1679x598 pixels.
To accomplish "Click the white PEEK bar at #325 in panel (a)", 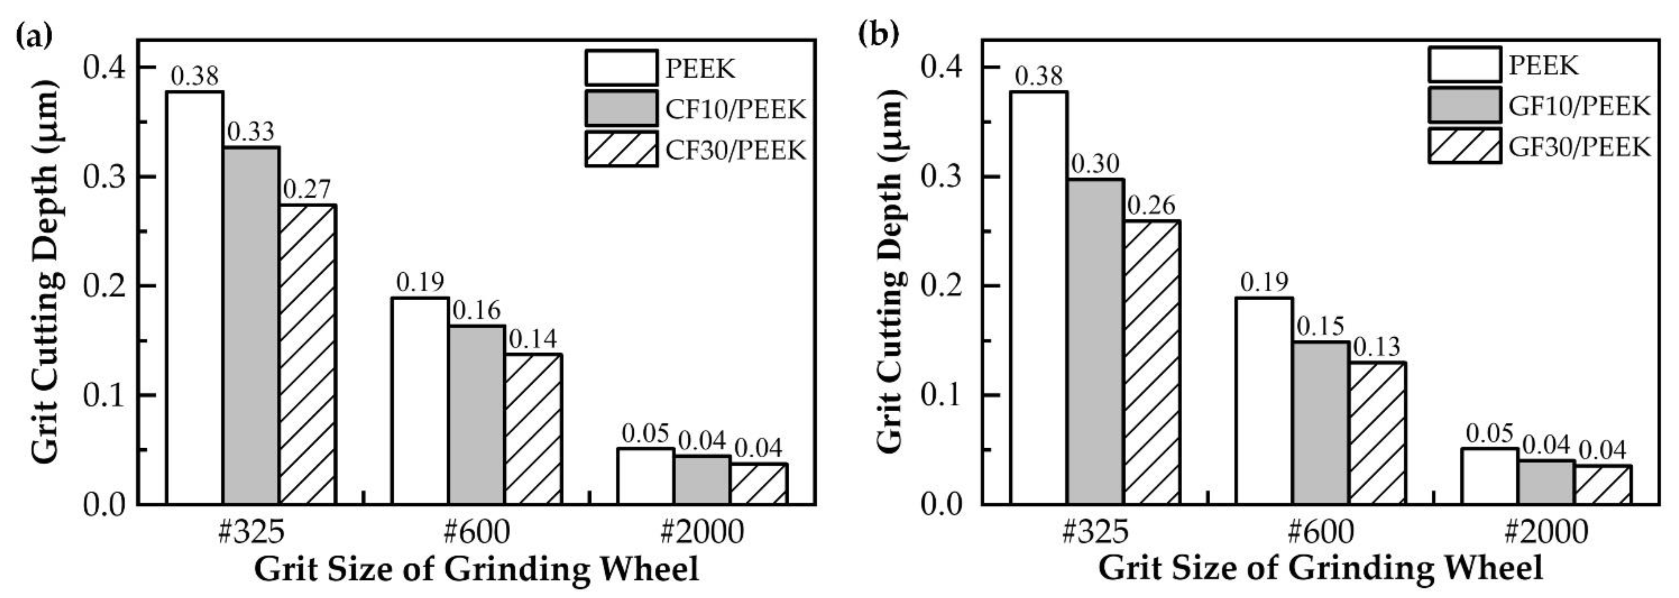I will pos(195,298).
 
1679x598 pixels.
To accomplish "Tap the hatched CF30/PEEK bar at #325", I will pos(308,355).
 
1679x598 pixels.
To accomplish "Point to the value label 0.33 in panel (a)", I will pos(251,133).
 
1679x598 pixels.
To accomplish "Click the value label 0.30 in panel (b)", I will pos(1095,164).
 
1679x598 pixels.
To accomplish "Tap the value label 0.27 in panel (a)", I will pos(307,190).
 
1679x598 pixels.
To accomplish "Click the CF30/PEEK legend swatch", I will pos(621,149).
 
